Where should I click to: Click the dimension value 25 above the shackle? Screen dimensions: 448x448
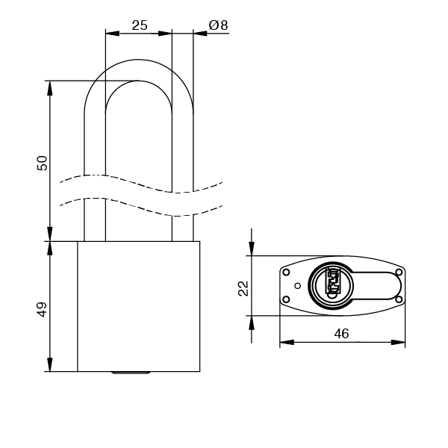coord(139,25)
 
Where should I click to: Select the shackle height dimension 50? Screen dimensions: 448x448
coord(42,162)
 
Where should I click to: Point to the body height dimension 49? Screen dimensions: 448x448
coord(42,308)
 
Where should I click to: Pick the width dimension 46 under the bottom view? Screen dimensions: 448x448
coord(341,334)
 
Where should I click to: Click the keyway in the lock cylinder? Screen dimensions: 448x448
coord(332,284)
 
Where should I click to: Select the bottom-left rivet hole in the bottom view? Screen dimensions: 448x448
coord(285,300)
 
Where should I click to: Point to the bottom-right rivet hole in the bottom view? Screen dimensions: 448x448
coord(399,300)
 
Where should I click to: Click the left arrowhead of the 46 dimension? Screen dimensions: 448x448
coord(284,343)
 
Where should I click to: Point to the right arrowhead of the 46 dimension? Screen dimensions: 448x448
coord(401,343)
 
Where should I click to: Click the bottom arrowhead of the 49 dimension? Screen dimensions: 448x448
coord(50,367)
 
